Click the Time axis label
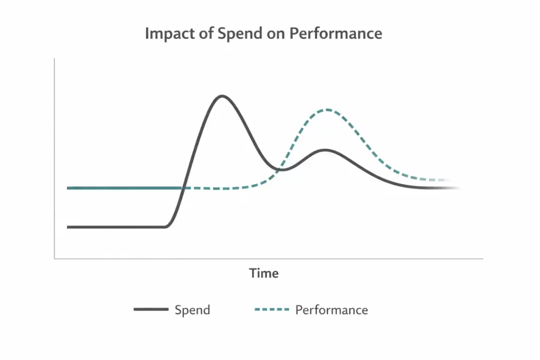(x=264, y=274)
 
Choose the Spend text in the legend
(x=192, y=310)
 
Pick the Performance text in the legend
(x=331, y=310)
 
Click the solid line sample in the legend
(x=151, y=310)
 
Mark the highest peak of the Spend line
(x=222, y=96)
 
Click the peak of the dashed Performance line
(x=327, y=110)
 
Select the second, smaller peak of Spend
(x=326, y=150)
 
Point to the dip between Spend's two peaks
(x=282, y=170)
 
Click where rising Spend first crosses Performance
(x=182, y=188)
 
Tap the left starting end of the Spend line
(x=68, y=227)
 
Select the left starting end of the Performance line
(x=68, y=188)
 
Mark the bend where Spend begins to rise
(x=166, y=226)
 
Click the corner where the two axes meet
(x=55, y=259)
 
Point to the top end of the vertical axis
(x=55, y=59)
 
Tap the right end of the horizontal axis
(x=482, y=259)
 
